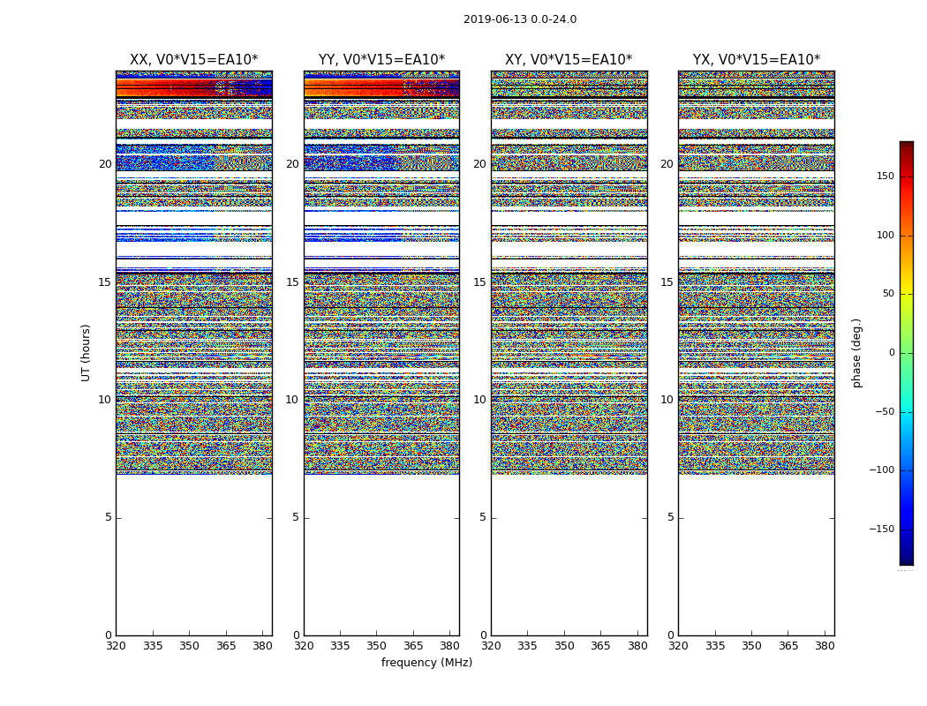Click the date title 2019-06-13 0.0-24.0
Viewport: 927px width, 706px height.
point(520,19)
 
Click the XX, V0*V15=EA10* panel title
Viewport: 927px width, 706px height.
point(194,60)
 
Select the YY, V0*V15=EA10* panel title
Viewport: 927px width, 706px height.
point(381,60)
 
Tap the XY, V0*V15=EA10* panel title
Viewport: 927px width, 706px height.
point(569,60)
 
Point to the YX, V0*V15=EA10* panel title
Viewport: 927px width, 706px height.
point(756,60)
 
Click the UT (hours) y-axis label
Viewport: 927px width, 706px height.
point(87,352)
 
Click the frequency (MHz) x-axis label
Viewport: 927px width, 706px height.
point(426,663)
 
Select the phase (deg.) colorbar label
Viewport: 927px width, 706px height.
point(856,352)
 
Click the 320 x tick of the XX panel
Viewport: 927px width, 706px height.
point(116,646)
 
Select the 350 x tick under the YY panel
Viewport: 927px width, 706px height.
point(377,646)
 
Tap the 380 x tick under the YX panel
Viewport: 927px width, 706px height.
point(825,646)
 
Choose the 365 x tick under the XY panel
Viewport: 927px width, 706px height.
point(600,646)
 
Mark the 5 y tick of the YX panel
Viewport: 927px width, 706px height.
point(670,517)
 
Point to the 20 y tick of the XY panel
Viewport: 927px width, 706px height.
point(479,164)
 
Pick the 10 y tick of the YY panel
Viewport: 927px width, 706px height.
point(292,400)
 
